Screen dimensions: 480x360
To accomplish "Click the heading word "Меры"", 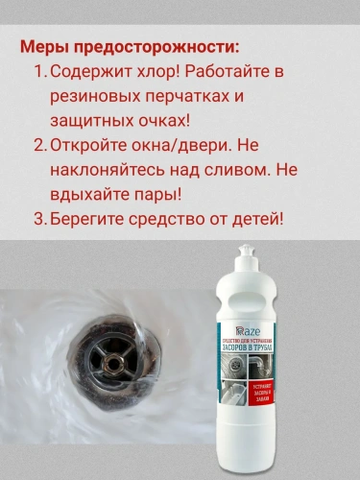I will pos(44,47).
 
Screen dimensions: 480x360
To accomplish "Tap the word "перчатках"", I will pos(176,97).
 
